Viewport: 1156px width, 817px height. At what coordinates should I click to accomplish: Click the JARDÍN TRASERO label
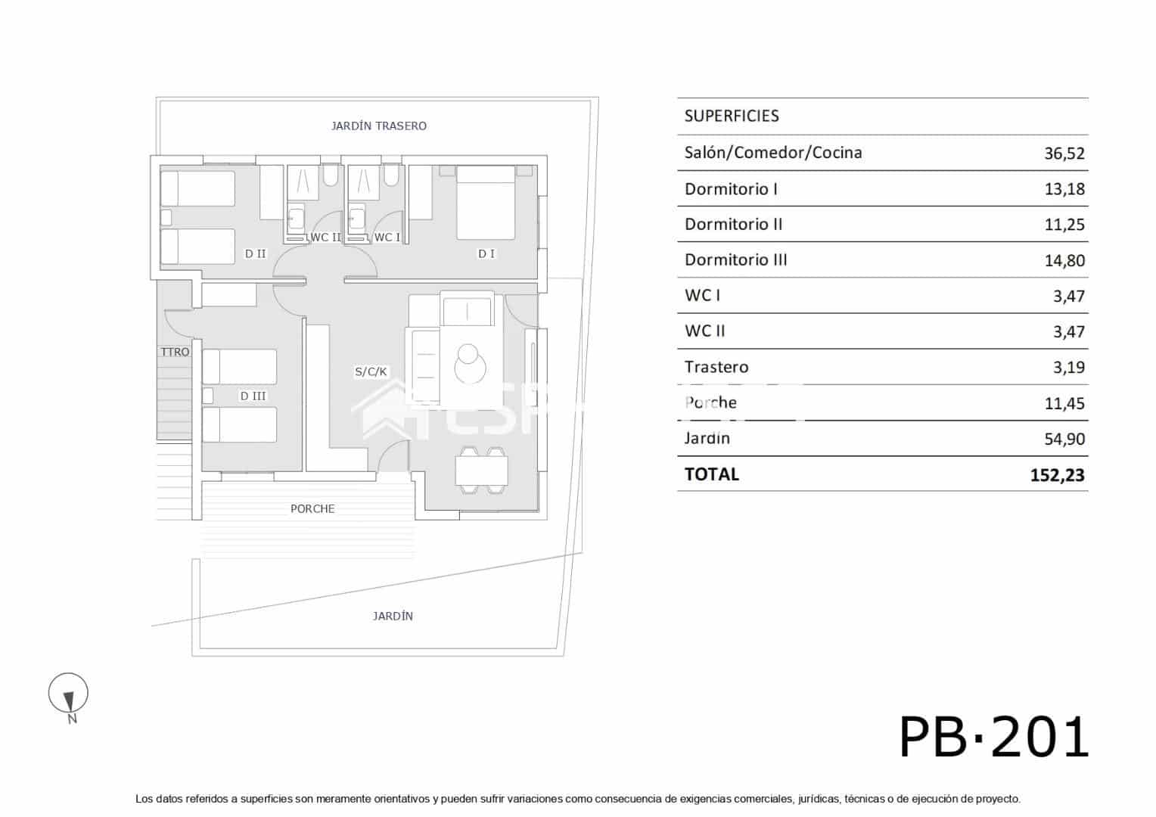pyautogui.click(x=378, y=126)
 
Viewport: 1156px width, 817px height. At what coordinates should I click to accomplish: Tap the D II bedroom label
pyautogui.click(x=256, y=253)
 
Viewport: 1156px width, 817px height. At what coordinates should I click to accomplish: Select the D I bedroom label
pyautogui.click(x=486, y=253)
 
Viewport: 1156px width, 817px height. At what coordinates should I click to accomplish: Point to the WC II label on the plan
pyautogui.click(x=326, y=238)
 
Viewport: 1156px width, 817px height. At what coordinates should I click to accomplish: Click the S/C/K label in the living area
pyautogui.click(x=371, y=371)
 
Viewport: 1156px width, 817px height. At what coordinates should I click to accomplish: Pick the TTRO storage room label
pyautogui.click(x=175, y=352)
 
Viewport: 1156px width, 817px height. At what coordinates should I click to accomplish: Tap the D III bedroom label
pyautogui.click(x=253, y=396)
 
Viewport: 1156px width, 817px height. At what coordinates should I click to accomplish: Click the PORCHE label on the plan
pyautogui.click(x=312, y=509)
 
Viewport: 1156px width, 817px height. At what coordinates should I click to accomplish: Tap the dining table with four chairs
pyautogui.click(x=481, y=471)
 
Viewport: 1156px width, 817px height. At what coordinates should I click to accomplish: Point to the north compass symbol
pyautogui.click(x=69, y=696)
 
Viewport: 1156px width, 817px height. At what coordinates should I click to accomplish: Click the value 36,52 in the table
pyautogui.click(x=1064, y=154)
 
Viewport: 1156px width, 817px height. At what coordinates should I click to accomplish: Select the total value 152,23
pyautogui.click(x=1057, y=475)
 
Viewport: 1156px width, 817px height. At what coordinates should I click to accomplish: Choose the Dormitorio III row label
pyautogui.click(x=735, y=260)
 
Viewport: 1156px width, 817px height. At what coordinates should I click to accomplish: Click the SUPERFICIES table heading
pyautogui.click(x=732, y=116)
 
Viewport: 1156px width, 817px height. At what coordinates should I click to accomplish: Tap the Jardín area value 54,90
pyautogui.click(x=1064, y=440)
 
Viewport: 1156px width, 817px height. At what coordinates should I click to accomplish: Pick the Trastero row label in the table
pyautogui.click(x=716, y=368)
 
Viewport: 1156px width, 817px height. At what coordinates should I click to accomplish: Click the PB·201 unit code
pyautogui.click(x=993, y=738)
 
